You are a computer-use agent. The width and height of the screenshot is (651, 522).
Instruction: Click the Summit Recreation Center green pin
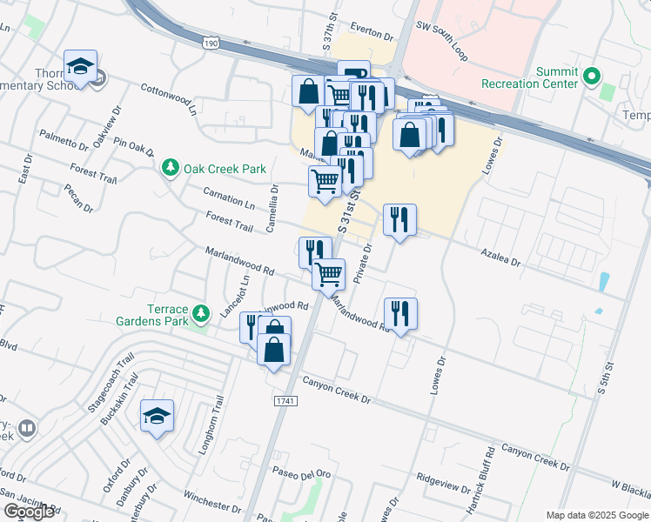point(593,77)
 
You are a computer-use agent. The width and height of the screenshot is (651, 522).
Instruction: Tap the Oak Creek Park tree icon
point(171,166)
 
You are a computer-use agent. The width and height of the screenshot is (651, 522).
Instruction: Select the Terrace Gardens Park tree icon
point(202,312)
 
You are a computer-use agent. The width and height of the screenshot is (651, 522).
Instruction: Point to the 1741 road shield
point(285,401)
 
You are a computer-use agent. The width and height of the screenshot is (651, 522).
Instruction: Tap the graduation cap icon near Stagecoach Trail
point(158,414)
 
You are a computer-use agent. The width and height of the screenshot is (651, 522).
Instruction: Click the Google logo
point(29,512)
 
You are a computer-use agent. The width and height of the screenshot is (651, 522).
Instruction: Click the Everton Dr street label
point(373,31)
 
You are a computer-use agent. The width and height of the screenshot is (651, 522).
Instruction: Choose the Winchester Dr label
point(211,500)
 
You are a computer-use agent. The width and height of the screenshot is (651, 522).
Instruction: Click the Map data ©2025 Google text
point(597,515)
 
